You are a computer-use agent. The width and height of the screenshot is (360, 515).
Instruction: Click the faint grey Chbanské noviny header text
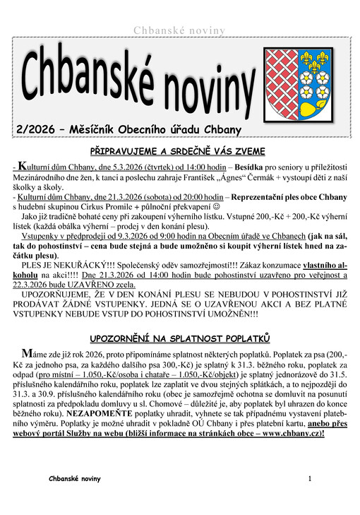pyautogui.click(x=179, y=30)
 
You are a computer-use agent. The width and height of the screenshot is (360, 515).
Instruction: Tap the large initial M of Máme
pyautogui.click(x=26, y=353)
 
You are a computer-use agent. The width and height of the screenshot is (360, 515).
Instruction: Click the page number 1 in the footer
pyautogui.click(x=309, y=478)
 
